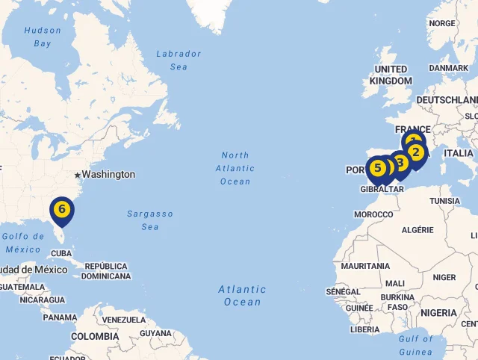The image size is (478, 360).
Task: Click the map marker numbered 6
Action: coord(61,208)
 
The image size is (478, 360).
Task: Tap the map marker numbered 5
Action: coord(377,168)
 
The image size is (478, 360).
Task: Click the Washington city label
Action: coord(108,174)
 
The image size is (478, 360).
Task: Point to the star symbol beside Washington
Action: coord(77,175)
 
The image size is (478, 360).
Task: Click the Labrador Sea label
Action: coord(179,60)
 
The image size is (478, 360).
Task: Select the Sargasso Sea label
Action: coord(149,220)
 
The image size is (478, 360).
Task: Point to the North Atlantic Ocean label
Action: coord(235,168)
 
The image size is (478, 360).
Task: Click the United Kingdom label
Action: coord(391,75)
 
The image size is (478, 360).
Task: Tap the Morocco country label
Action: coord(373,214)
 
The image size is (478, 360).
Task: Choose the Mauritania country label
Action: coord(365,266)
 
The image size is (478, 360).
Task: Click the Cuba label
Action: coord(61,254)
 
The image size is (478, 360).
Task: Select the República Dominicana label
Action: coord(106,271)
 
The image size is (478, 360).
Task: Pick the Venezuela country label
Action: coord(123,320)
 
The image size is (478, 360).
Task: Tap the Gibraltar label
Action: coord(382,190)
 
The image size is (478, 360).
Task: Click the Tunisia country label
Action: coord(444,201)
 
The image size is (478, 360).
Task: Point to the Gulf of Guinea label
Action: coord(415,345)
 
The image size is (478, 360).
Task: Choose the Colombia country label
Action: coord(95,336)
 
